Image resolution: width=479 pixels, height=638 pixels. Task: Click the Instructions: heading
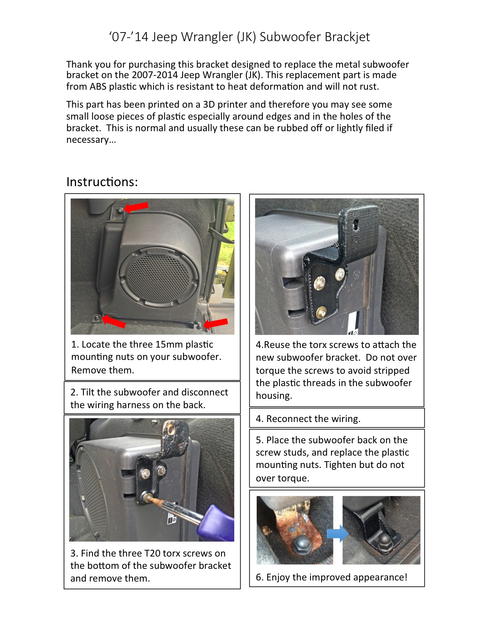[x=102, y=182]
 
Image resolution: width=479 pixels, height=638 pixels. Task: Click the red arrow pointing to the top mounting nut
[x=136, y=207]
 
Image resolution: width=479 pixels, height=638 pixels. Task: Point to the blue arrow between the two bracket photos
[x=338, y=533]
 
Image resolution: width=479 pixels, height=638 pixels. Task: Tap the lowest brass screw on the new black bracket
[x=321, y=311]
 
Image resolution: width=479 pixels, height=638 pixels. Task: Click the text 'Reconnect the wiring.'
[x=313, y=419]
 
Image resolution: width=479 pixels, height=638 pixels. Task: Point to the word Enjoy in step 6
[x=278, y=577]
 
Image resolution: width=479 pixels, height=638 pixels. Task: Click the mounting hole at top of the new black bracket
[x=356, y=224]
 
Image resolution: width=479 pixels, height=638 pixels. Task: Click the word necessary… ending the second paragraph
[x=91, y=140]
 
